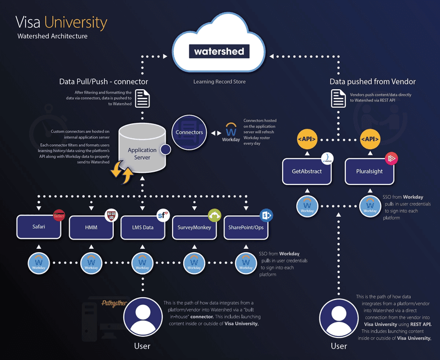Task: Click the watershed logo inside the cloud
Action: [x=219, y=52]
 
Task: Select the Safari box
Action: [x=38, y=227]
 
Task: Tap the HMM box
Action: [x=91, y=227]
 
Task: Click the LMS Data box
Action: [x=142, y=227]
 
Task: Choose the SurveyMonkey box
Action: [x=194, y=227]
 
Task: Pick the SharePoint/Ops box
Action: [x=246, y=227]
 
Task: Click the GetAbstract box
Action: [x=306, y=171]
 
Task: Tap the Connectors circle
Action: [x=189, y=133]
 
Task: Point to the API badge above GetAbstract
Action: [x=306, y=139]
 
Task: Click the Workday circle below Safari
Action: [x=38, y=263]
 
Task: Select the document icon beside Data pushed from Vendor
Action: [x=337, y=99]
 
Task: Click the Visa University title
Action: [x=61, y=23]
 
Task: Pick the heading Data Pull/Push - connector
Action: [x=103, y=81]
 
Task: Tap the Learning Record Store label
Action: [x=219, y=81]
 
